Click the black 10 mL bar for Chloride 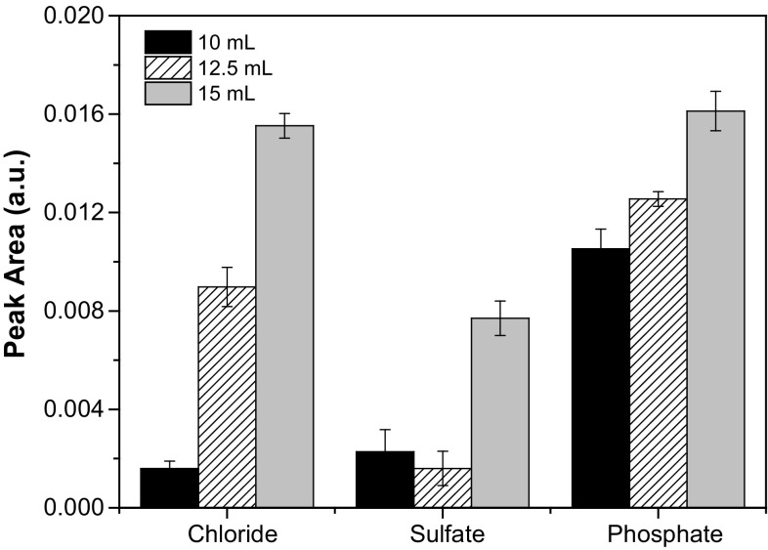pos(169,488)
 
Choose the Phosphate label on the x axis pos(664,534)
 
